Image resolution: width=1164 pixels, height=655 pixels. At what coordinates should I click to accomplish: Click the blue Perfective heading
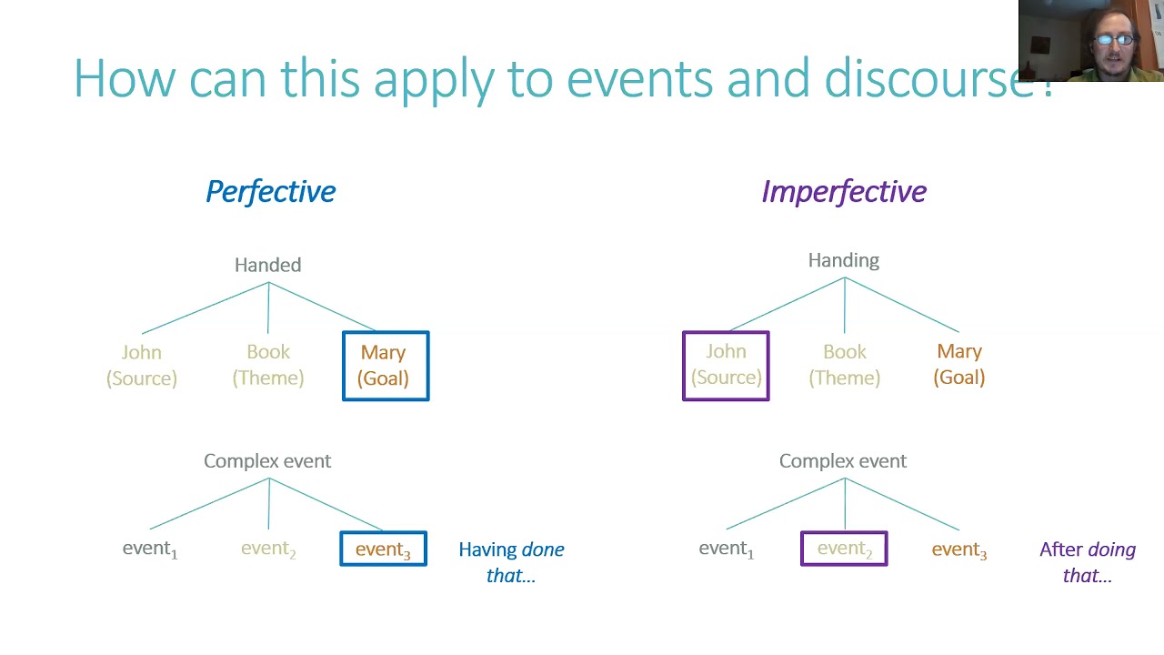coord(270,191)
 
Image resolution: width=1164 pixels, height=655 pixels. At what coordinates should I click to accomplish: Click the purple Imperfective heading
coord(844,191)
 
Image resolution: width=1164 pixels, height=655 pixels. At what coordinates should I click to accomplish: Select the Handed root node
coord(267,265)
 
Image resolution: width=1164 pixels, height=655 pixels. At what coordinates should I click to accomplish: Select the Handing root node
coord(844,260)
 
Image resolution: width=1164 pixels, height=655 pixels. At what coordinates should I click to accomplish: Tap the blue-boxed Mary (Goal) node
coord(385,366)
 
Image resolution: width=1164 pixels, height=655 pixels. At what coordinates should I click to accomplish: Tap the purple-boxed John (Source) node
coord(726,365)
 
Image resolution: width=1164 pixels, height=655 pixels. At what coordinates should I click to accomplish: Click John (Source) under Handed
coord(142,365)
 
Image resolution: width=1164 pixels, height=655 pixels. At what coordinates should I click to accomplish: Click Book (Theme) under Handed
coord(268,365)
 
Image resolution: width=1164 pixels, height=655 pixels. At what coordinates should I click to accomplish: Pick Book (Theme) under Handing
coord(845,364)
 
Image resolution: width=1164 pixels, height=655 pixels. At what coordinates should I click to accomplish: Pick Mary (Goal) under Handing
coord(959,364)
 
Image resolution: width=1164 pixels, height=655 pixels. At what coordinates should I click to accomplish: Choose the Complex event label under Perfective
coord(267,461)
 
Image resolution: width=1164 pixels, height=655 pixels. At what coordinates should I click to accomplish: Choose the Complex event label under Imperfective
coord(843,461)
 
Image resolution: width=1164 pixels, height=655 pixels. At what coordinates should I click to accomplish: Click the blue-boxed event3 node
coord(383,549)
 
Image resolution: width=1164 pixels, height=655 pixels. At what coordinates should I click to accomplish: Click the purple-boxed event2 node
coord(844,549)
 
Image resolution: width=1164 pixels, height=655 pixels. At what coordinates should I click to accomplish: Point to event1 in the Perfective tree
coord(150,549)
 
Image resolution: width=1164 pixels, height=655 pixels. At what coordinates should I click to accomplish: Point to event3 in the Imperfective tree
coord(959,549)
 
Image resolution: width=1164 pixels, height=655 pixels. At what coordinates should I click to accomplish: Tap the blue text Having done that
coord(511,562)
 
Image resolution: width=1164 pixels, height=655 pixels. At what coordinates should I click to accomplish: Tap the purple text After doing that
coord(1088,562)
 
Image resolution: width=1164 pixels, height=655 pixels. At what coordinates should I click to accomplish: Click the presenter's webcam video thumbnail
coord(1090,41)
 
